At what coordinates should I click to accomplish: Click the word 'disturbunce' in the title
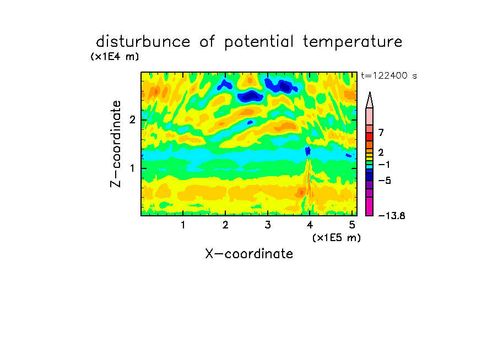[x=143, y=41]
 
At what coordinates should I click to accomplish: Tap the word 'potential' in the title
[x=259, y=42]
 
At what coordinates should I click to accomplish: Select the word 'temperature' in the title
[x=353, y=42]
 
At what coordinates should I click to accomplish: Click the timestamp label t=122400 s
[x=389, y=75]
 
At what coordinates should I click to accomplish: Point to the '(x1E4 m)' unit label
[x=115, y=57]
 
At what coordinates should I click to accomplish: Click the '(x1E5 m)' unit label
[x=337, y=237]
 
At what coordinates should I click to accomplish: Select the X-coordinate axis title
[x=249, y=254]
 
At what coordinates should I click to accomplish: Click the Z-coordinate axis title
[x=116, y=144]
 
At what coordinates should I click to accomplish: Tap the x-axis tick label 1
[x=183, y=225]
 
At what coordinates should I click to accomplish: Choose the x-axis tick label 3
[x=268, y=225]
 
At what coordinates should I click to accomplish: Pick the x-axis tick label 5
[x=352, y=225]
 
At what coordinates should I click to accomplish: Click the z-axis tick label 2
[x=132, y=120]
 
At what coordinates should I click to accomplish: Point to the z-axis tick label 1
[x=132, y=168]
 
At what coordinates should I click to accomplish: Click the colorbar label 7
[x=381, y=132]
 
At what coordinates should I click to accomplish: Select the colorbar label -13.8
[x=392, y=216]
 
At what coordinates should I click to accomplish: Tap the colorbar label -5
[x=385, y=181]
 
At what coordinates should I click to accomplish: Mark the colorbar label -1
[x=385, y=165]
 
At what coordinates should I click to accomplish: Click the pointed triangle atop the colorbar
[x=370, y=100]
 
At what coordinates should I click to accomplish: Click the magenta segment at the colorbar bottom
[x=370, y=206]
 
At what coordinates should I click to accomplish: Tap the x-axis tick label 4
[x=310, y=225]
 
